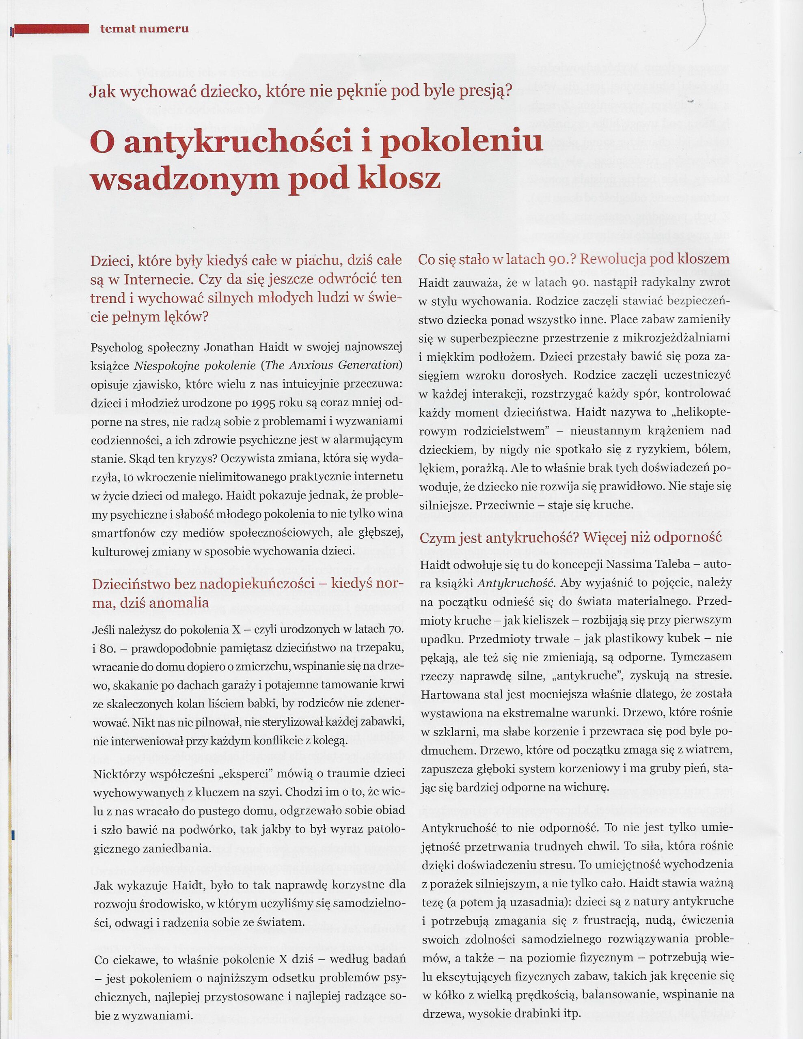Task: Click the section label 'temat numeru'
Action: (x=144, y=28)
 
